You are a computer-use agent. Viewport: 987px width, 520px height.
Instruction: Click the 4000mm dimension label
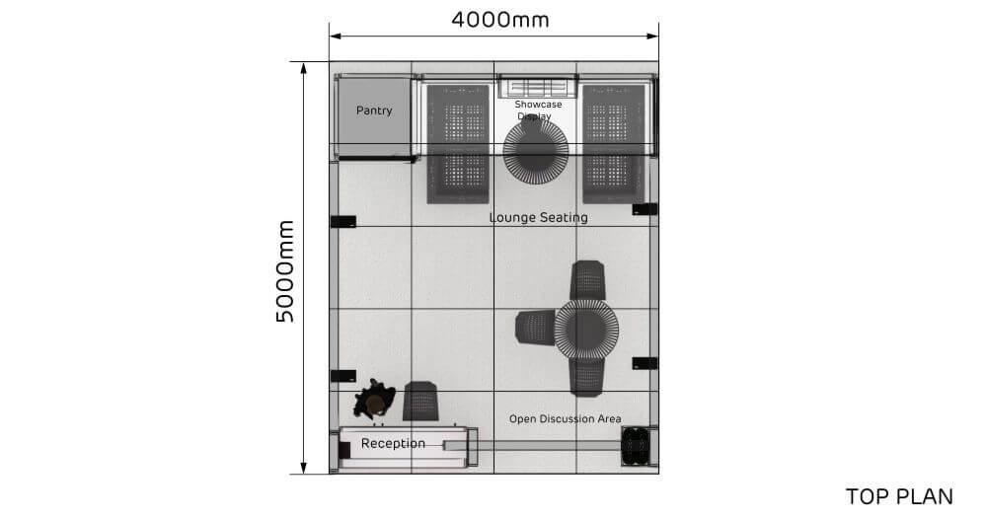coord(499,19)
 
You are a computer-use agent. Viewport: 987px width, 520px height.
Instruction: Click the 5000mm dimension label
coord(285,270)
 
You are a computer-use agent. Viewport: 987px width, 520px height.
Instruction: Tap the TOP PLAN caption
coord(899,496)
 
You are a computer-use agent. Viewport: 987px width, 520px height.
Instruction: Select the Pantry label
coord(374,111)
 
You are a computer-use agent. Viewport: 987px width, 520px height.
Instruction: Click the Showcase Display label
coord(538,110)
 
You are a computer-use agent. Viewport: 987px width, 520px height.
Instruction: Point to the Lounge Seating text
coord(539,217)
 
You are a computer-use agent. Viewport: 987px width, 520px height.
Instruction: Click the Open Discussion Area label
coord(565,419)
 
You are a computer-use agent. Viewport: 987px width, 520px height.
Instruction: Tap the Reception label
coord(393,443)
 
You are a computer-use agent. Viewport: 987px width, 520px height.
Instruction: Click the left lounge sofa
coord(458,143)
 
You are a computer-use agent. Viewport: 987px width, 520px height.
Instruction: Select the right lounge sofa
coord(614,143)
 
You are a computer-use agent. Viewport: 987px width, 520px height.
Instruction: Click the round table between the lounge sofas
coord(535,151)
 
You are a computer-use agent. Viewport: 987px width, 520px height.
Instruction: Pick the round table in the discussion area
coord(586,329)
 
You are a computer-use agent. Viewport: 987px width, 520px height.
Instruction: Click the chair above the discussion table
coord(588,279)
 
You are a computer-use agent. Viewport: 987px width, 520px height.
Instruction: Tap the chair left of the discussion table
coord(536,327)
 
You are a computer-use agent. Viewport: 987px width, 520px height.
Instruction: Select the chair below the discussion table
coord(587,376)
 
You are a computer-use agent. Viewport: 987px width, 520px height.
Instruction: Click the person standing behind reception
coord(375,401)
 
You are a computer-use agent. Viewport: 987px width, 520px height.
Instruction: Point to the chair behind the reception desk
coord(421,401)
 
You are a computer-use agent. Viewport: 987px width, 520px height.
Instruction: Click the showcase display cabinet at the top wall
coord(537,87)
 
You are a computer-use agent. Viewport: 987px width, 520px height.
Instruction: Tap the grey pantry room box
coord(374,115)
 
